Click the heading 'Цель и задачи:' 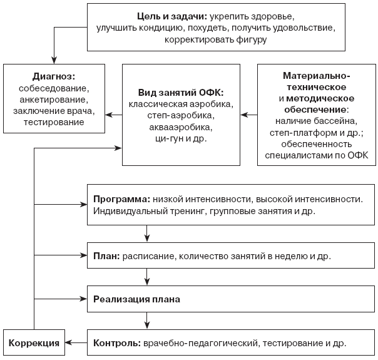(172, 17)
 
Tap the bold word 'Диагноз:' (54, 76)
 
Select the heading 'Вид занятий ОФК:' (181, 93)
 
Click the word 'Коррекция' (34, 343)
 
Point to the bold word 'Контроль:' (117, 343)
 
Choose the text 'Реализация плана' (136, 299)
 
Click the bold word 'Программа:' (122, 200)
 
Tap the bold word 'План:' (106, 256)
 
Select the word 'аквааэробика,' (181, 127)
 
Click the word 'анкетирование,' (54, 100)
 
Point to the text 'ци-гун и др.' (181, 138)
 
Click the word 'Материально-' (316, 76)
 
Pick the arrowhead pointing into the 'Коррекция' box (68, 342)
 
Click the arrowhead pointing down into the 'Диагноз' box (54, 61)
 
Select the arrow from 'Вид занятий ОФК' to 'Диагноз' (113, 115)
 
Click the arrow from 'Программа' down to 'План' (147, 234)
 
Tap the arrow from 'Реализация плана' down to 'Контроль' (147, 321)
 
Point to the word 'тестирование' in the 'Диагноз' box (54, 122)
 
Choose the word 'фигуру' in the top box (251, 40)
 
